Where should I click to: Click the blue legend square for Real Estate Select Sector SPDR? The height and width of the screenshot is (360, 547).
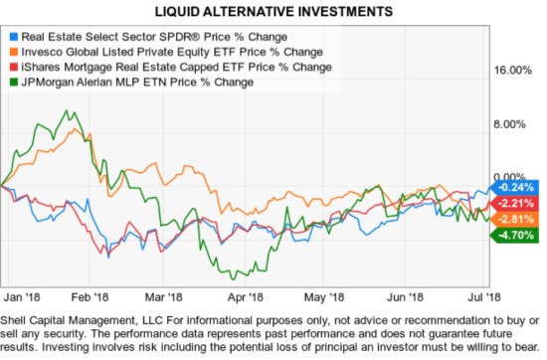coord(12,35)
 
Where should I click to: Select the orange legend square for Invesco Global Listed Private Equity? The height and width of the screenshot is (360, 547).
coord(12,51)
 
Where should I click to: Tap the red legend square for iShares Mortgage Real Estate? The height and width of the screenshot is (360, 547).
coord(12,66)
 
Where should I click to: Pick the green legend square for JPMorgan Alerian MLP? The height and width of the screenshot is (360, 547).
coord(12,82)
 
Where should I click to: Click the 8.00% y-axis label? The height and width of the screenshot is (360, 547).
coord(513,124)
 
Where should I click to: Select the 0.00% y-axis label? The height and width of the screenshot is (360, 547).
coord(513,176)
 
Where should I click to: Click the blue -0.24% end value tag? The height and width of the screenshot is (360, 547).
coord(516,187)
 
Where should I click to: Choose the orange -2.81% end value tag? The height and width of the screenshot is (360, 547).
coord(516,219)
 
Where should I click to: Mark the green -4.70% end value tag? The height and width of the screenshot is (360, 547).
coord(516,236)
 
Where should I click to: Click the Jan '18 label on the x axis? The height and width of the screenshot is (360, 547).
coord(20,296)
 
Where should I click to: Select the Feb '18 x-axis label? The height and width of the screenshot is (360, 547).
coord(91,296)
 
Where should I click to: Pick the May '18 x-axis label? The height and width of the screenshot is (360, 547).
coord(321,296)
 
